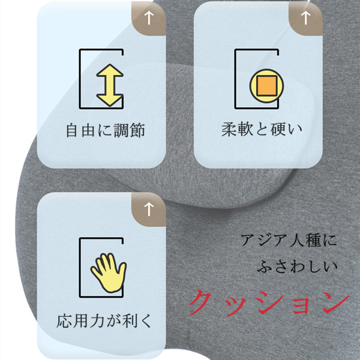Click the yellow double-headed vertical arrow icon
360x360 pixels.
click(110, 85)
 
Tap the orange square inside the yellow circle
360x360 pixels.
click(266, 86)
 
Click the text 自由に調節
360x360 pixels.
click(106, 130)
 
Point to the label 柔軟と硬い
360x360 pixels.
click(262, 129)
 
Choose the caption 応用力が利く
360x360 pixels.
click(104, 320)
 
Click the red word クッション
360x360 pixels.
click(269, 302)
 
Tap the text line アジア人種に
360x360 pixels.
click(289, 240)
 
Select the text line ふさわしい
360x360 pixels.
click(297, 266)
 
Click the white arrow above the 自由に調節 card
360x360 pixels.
click(149, 18)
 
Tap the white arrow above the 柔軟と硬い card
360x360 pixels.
click(305, 18)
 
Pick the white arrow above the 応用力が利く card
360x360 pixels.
click(149, 209)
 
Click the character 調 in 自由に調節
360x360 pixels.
click(121, 130)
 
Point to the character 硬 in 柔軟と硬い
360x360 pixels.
click(278, 129)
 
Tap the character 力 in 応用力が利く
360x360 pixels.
click(97, 321)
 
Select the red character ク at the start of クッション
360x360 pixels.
click(201, 302)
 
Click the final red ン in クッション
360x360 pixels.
click(336, 304)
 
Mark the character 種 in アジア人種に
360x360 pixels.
click(313, 240)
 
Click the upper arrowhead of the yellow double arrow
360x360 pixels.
click(110, 70)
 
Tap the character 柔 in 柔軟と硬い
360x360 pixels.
click(229, 129)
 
